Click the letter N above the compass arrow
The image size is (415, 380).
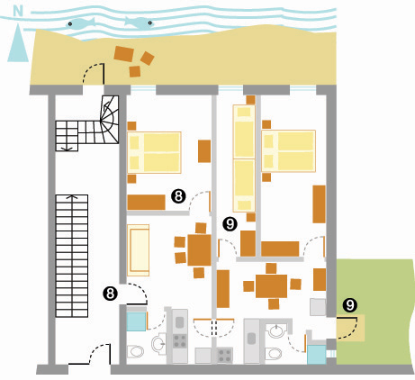[18, 11]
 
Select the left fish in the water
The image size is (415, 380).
[80, 23]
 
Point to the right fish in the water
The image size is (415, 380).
[140, 23]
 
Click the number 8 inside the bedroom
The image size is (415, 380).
[178, 196]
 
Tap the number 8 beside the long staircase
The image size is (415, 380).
[110, 294]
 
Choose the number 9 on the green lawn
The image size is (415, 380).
[350, 305]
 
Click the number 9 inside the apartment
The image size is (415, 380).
[230, 224]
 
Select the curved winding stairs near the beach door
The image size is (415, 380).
[110, 120]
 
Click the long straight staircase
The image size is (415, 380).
[72, 256]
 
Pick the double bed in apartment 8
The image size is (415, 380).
[154, 152]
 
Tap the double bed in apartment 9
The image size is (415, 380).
[288, 151]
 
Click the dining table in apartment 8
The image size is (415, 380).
[199, 250]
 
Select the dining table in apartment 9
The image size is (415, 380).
[271, 286]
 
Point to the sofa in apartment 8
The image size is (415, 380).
[139, 250]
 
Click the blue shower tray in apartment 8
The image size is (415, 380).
[136, 321]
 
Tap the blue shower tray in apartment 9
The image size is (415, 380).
[317, 355]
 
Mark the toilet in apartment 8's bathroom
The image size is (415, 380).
[135, 352]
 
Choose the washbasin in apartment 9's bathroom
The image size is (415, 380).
[277, 331]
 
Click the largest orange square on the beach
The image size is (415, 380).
[124, 54]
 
